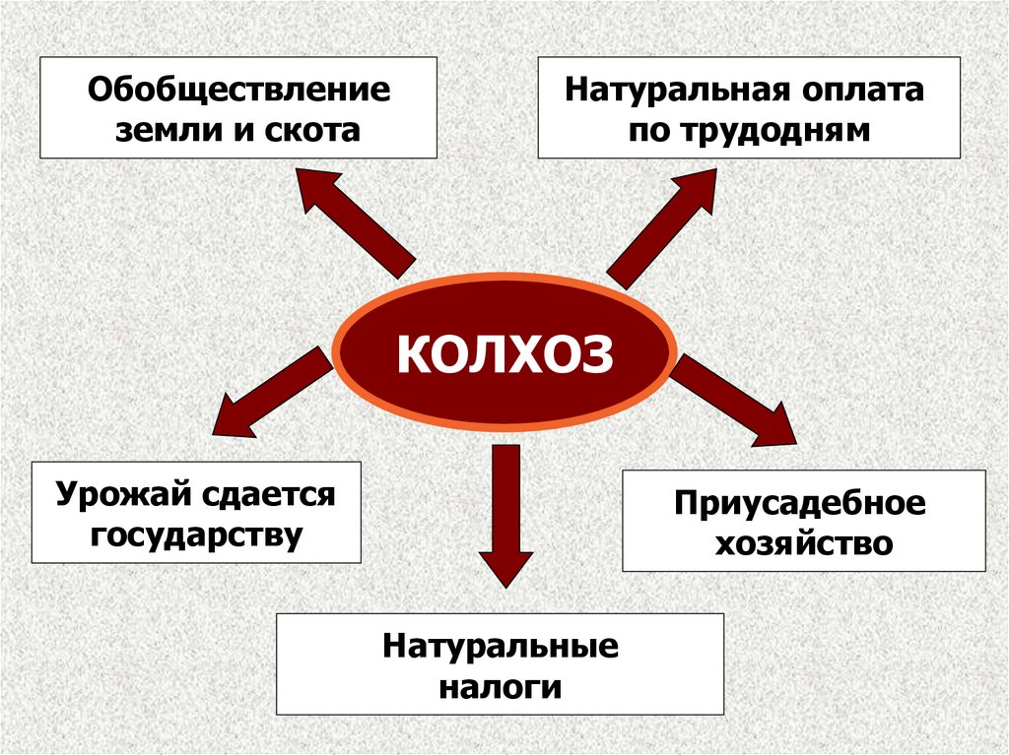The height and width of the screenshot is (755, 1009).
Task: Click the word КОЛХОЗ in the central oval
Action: tap(504, 353)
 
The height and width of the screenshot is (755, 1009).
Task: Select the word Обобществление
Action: tap(238, 92)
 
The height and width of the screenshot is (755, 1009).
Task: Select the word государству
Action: tap(195, 535)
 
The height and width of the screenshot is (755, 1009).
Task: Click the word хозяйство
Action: tap(803, 542)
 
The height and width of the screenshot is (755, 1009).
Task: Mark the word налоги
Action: tap(501, 686)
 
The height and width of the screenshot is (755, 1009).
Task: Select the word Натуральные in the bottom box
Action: tap(501, 648)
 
